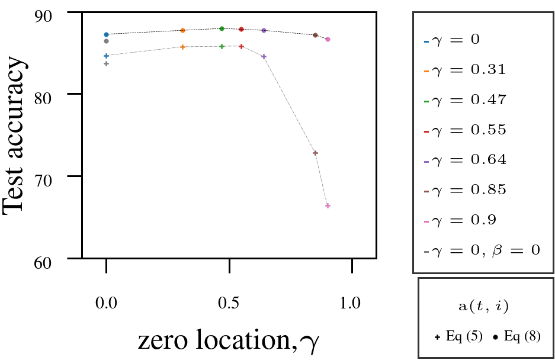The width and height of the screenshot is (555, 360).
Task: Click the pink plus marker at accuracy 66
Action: tap(328, 205)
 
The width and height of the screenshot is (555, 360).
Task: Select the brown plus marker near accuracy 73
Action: tap(316, 153)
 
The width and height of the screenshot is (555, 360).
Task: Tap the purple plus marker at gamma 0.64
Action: tap(264, 56)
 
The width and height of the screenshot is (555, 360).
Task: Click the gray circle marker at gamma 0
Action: tap(106, 41)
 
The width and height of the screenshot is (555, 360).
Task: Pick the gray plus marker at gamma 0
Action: tap(106, 63)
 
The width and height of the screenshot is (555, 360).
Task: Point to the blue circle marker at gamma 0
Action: tap(106, 34)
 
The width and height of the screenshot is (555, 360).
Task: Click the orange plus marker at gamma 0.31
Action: tap(182, 47)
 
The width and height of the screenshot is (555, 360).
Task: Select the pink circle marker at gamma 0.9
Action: tap(328, 39)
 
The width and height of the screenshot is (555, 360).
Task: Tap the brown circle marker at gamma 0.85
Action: tap(316, 35)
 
